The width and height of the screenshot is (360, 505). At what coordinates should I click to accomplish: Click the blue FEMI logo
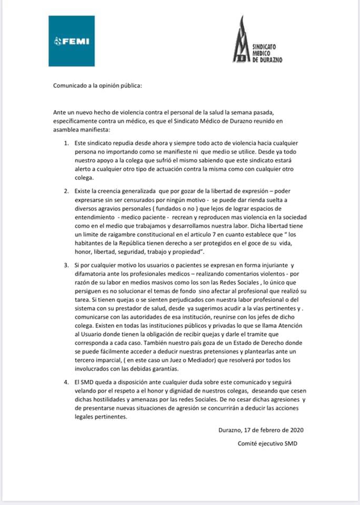(x=72, y=41)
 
